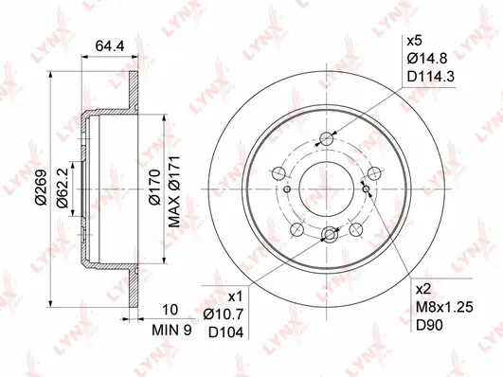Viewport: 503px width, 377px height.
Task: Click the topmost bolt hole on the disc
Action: tap(328, 139)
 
